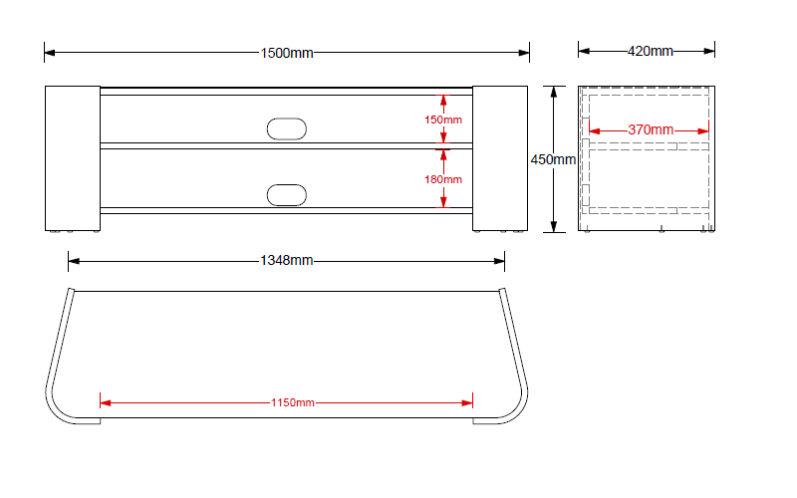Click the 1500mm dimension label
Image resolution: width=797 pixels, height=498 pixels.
tap(287, 53)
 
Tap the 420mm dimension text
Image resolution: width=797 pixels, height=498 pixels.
tap(651, 51)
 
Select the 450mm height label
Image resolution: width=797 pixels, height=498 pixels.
tap(553, 159)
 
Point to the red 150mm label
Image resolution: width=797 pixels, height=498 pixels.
tap(443, 120)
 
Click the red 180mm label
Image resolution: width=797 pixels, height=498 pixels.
tap(443, 179)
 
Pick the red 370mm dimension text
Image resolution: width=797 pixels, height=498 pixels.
tap(651, 130)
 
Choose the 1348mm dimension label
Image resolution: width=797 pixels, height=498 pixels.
tap(287, 261)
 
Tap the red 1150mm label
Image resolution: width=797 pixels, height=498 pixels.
tap(292, 403)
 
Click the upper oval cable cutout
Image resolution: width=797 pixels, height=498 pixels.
tap(287, 129)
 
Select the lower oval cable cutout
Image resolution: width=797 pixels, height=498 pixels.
tap(287, 195)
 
